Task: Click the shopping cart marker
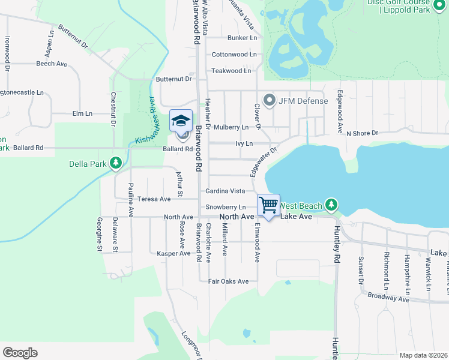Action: (x=268, y=205)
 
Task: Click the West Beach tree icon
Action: (x=331, y=205)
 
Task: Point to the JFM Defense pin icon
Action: (x=269, y=100)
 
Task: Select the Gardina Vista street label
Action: (x=225, y=191)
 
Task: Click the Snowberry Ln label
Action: (x=226, y=207)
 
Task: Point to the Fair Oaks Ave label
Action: (x=228, y=281)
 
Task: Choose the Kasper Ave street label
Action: (x=173, y=253)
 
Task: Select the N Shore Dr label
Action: (x=363, y=133)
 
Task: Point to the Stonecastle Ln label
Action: (x=22, y=93)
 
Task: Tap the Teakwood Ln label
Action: (x=231, y=71)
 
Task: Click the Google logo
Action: (x=20, y=353)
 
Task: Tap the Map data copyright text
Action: (x=423, y=355)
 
